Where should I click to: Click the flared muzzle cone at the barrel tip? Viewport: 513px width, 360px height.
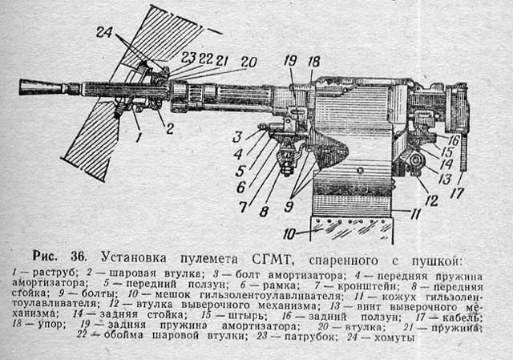[36, 86]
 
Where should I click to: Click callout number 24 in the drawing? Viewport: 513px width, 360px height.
[104, 33]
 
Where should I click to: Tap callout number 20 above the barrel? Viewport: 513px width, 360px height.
[248, 61]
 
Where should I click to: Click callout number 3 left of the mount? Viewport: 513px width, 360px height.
[237, 135]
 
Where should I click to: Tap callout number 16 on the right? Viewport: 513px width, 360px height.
[454, 140]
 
